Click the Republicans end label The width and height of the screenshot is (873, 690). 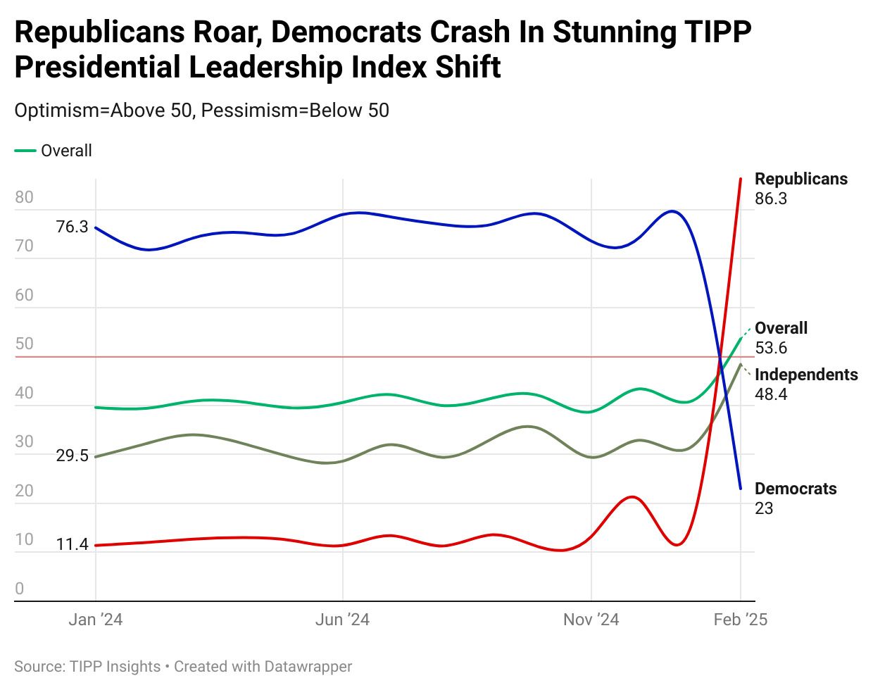(x=801, y=179)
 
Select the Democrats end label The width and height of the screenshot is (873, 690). (x=796, y=489)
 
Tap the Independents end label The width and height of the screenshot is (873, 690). (x=806, y=375)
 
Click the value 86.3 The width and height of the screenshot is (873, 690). (x=771, y=199)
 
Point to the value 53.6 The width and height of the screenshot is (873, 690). (x=771, y=348)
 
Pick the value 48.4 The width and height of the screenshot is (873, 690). (x=771, y=394)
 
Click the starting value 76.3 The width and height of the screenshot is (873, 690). (x=72, y=227)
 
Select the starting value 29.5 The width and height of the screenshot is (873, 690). (x=72, y=456)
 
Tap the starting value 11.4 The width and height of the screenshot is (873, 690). (x=72, y=544)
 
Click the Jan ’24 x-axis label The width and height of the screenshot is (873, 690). (x=96, y=620)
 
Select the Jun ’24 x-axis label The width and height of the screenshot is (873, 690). (x=342, y=620)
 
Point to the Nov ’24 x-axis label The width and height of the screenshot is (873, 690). (x=591, y=620)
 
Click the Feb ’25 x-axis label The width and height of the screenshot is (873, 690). (x=740, y=620)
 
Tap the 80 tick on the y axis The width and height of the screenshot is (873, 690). (x=24, y=197)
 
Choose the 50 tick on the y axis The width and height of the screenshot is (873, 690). (x=24, y=344)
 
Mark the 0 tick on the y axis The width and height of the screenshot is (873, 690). (x=20, y=589)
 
